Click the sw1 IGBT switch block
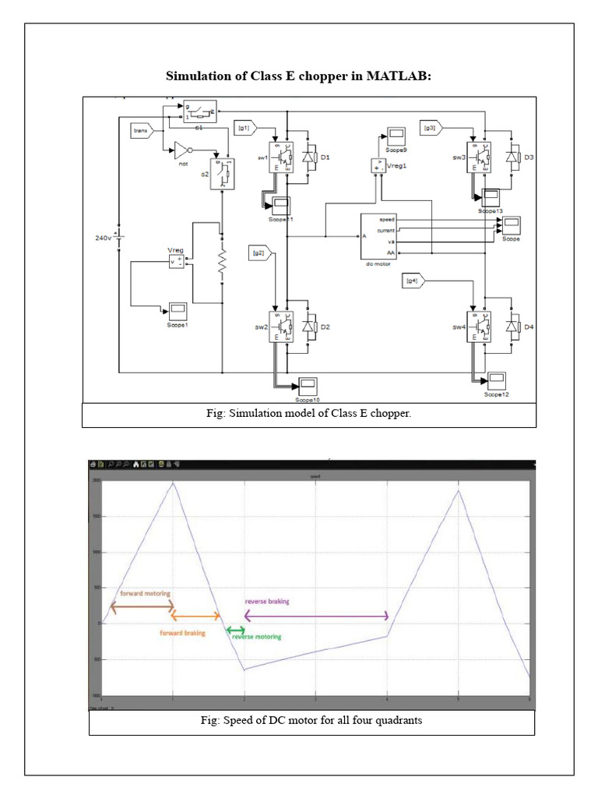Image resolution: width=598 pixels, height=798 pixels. tap(280, 156)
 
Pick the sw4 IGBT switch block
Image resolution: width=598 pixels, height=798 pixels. tap(477, 323)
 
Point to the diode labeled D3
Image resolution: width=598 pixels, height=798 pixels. tap(512, 157)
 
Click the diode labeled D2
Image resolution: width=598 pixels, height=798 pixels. tap(308, 326)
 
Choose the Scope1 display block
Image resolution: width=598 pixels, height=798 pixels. tap(178, 309)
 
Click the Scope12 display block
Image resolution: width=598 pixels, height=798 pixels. tap(496, 380)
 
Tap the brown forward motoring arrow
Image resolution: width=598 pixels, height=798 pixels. tap(142, 607)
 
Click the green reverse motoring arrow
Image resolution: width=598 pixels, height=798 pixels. tap(234, 630)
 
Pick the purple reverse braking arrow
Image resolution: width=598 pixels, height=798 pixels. tap(316, 616)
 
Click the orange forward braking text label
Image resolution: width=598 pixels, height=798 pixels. tap(182, 634)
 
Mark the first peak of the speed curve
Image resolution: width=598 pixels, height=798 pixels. tap(173, 482)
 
